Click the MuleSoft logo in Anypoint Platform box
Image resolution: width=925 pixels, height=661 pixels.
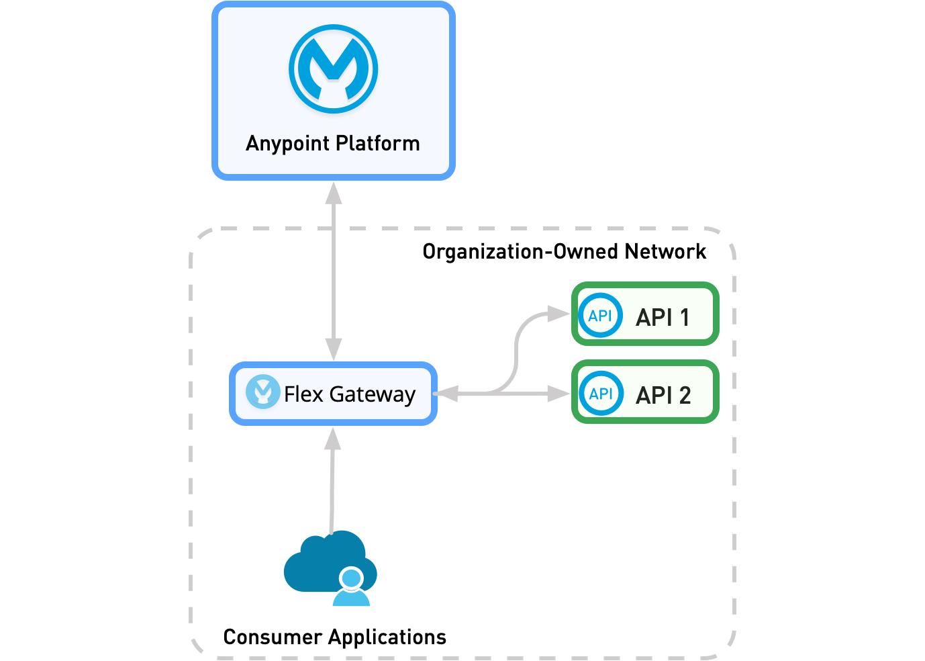click(x=334, y=69)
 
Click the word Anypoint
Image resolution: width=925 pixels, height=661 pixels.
click(x=287, y=144)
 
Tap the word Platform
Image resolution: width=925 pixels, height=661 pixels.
click(x=377, y=143)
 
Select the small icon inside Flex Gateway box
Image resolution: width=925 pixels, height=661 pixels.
click(x=262, y=392)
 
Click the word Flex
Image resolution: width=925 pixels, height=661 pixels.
click(x=303, y=394)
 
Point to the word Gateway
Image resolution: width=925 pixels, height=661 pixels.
click(x=373, y=394)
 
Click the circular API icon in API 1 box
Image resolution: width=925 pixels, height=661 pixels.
click(x=600, y=315)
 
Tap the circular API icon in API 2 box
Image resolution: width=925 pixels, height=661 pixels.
click(x=600, y=393)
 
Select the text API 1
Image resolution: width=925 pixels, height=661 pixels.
click(x=663, y=317)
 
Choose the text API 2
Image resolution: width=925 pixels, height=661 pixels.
click(x=663, y=395)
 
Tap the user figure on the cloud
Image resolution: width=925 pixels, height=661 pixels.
click(x=351, y=588)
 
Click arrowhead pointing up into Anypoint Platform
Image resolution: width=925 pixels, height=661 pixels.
click(x=334, y=193)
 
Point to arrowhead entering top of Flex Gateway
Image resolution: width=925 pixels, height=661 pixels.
click(x=334, y=349)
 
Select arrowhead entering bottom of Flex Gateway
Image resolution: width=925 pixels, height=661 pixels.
click(x=333, y=439)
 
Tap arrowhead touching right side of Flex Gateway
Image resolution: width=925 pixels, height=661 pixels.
click(x=447, y=394)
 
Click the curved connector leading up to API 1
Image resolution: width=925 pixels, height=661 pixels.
click(x=516, y=349)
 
